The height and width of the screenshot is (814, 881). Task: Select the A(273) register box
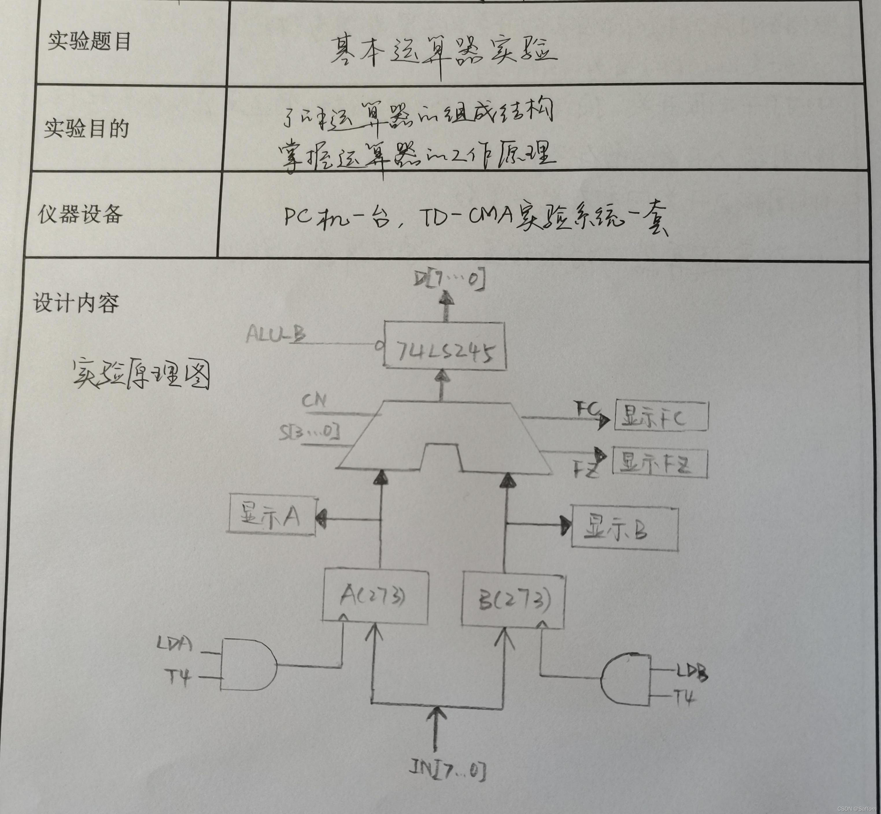pos(375,597)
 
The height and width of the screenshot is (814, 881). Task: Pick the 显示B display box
pos(624,528)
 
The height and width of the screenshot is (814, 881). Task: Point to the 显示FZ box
pos(660,463)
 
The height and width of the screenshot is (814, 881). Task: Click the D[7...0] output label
pos(449,279)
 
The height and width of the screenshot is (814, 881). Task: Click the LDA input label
pos(175,644)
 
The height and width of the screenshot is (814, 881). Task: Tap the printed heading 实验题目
pos(89,42)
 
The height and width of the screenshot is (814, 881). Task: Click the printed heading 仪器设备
pos(80,214)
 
